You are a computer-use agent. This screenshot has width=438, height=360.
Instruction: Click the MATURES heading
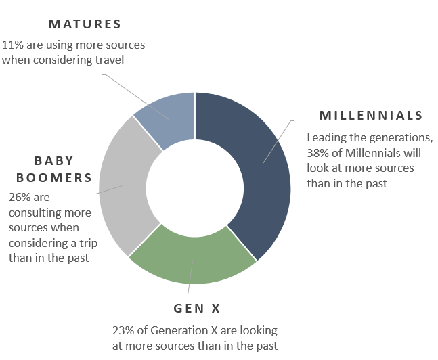(x=85, y=24)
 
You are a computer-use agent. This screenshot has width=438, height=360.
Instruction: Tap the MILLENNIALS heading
(x=371, y=116)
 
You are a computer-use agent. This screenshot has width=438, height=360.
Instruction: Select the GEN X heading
(x=197, y=309)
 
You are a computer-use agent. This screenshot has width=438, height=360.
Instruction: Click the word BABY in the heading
(x=54, y=161)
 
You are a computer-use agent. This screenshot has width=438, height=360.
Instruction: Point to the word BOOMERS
(x=54, y=177)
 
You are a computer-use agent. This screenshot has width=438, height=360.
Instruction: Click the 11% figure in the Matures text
(x=13, y=45)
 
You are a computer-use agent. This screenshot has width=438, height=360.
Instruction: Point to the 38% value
(x=318, y=153)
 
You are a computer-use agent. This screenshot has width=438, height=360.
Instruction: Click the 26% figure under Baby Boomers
(x=19, y=197)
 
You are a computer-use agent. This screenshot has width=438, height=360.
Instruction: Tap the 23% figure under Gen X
(x=123, y=330)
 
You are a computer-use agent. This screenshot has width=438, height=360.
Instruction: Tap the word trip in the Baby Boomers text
(x=88, y=243)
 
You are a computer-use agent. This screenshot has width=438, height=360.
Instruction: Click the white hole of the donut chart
(x=195, y=188)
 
